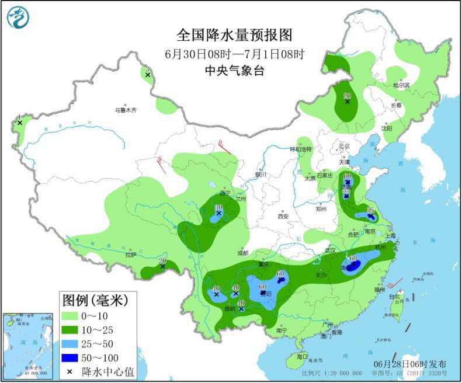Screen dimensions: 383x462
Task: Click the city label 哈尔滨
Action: (x=401, y=85)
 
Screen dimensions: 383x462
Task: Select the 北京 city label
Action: (x=343, y=146)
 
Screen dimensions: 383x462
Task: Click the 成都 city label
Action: (x=243, y=253)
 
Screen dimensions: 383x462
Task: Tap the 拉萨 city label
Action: (x=130, y=255)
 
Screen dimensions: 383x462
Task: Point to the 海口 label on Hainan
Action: (x=301, y=356)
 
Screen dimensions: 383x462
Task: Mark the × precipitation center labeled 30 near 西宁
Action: (x=218, y=214)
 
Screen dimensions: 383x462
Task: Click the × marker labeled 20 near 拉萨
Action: (x=162, y=267)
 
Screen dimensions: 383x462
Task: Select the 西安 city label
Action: (x=283, y=216)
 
